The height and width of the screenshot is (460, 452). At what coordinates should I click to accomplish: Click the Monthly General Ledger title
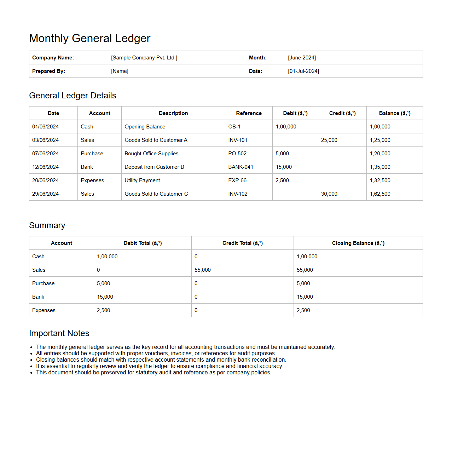point(89,38)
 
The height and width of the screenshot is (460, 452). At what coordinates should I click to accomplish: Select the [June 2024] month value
point(302,58)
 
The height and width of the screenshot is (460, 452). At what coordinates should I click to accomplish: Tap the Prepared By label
point(48,71)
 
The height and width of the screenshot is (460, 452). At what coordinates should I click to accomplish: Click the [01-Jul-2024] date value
point(303,71)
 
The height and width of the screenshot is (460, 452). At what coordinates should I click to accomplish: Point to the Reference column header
point(249,113)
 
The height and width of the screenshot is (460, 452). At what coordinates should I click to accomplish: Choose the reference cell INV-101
point(238,140)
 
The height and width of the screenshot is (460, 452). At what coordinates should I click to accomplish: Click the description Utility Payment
point(142,180)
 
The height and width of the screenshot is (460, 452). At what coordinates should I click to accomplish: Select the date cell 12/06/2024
point(45,167)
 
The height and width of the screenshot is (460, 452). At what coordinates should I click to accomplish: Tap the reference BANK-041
point(241,167)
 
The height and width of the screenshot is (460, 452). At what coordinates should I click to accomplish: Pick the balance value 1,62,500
point(380,194)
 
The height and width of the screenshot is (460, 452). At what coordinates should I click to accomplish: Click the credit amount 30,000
point(329,194)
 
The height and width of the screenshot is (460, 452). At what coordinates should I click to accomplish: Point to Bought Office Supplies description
point(151,154)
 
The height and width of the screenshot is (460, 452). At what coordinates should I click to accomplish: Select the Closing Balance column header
point(358,243)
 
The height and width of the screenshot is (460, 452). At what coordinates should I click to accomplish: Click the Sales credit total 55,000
point(202,270)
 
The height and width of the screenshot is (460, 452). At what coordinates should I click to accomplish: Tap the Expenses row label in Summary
point(44,310)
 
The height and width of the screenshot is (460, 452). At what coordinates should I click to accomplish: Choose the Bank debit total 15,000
point(105,297)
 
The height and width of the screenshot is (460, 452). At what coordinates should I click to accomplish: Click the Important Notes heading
point(59,333)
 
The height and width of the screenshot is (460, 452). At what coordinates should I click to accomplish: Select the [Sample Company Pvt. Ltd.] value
point(144,58)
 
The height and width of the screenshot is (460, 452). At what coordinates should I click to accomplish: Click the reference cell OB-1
point(234,127)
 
